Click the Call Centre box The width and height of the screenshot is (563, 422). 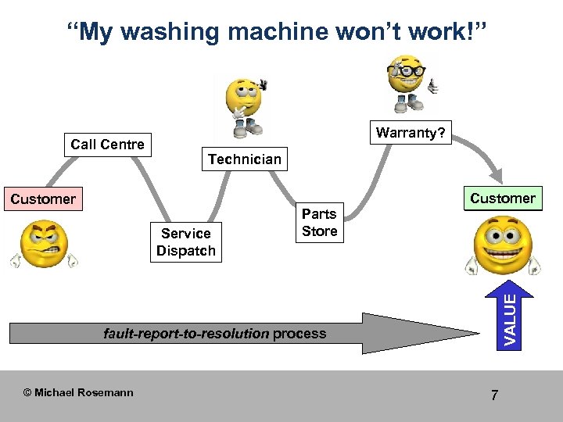[108, 145]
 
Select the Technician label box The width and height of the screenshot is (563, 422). [244, 159]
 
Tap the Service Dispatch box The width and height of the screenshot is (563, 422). [185, 241]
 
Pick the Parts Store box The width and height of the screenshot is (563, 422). [319, 223]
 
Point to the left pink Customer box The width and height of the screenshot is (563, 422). [42, 199]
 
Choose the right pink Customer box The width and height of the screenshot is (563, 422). [503, 198]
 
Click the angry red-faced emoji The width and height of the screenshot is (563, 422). [44, 246]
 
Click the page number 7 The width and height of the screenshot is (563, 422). [494, 395]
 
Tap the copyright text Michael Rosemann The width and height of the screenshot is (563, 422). [78, 392]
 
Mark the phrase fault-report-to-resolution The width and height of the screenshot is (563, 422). [186, 334]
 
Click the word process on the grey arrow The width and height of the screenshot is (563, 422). [299, 334]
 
